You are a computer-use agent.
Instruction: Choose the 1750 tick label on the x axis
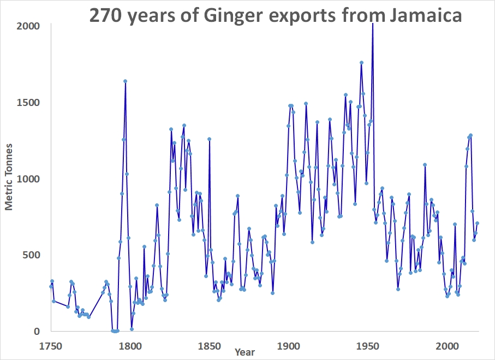[51, 345]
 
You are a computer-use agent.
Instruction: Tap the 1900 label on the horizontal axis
[288, 345]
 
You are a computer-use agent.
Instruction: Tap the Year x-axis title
[244, 352]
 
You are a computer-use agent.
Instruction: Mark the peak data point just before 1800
[125, 81]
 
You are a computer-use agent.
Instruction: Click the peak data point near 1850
[209, 139]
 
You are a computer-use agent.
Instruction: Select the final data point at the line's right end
[477, 223]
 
